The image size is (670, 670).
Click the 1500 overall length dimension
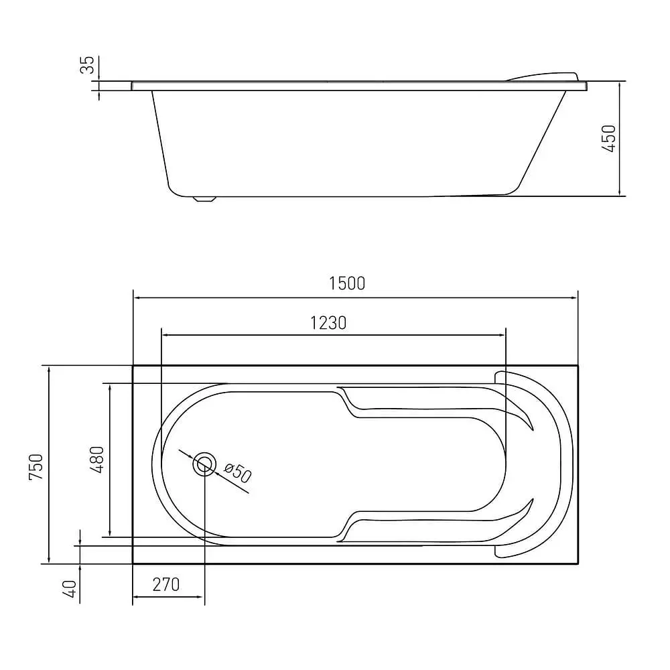[x=347, y=283]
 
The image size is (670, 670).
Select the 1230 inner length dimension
[x=328, y=323]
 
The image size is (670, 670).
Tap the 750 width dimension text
[x=36, y=466]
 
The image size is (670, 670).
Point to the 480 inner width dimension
[x=97, y=460]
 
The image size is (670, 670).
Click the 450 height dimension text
[x=608, y=139]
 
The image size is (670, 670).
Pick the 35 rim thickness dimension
[x=87, y=65]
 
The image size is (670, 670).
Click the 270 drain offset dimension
[x=166, y=584]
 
